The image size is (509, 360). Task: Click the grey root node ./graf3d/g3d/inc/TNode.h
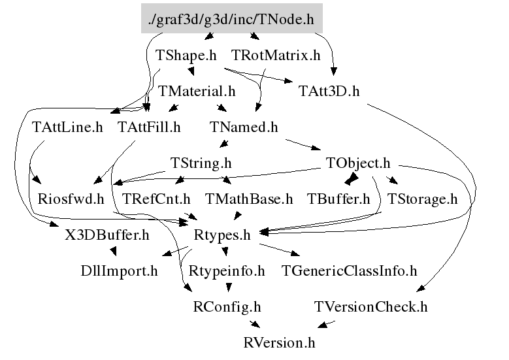pos(232,20)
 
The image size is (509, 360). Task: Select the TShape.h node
pos(186,56)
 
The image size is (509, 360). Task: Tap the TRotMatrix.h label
pos(276,56)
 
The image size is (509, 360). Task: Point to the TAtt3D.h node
pos(329,91)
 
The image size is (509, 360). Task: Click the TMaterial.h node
pos(197,91)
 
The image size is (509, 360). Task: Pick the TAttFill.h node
pos(149,127)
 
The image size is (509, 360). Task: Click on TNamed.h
pos(244,127)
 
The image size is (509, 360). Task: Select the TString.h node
pos(201,163)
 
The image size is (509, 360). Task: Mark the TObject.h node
pos(358,163)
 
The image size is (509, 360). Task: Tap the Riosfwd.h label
pos(71,199)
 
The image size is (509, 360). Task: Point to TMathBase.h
pos(249,199)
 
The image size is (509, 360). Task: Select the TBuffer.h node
pos(338,199)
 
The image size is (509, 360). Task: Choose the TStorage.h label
pos(422,199)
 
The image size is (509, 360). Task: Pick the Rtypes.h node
pos(223,234)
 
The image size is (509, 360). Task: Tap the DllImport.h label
pos(119,270)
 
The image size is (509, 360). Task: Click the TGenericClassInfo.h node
pos(349,270)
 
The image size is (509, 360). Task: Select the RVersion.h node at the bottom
pos(279,342)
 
